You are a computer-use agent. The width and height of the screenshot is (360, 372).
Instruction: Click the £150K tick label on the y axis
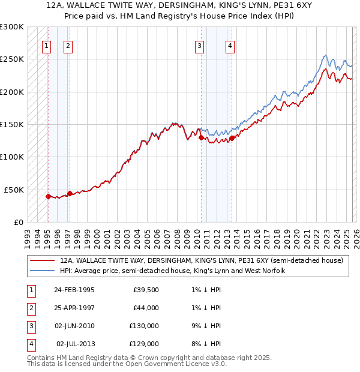(x=12, y=124)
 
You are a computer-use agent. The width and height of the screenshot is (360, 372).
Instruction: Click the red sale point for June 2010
(x=200, y=137)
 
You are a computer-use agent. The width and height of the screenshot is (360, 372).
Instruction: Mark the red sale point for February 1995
(x=47, y=196)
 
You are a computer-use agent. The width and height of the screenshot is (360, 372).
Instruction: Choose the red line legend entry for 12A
(x=201, y=261)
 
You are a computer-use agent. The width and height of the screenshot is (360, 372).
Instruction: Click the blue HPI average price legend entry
(x=172, y=271)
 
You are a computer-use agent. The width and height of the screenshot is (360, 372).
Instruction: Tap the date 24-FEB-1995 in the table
(x=74, y=289)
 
